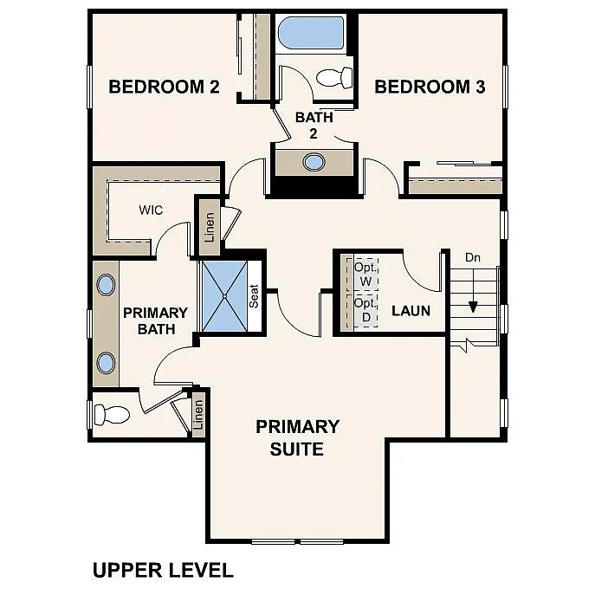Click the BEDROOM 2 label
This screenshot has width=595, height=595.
(164, 87)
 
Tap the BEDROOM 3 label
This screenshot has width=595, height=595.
(430, 87)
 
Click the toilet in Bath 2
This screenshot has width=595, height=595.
(333, 78)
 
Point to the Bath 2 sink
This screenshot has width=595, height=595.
(314, 161)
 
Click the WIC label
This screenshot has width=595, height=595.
(151, 210)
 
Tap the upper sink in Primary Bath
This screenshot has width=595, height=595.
(106, 285)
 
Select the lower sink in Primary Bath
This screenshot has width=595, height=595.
(106, 362)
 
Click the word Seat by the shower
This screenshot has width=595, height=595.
(255, 297)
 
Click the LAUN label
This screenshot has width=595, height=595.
(411, 310)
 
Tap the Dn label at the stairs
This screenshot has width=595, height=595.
(473, 257)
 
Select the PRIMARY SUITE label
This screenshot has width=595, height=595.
(297, 437)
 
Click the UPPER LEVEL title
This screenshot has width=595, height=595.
(163, 570)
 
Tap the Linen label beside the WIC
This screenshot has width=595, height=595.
(209, 227)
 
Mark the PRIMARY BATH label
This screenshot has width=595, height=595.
(155, 320)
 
